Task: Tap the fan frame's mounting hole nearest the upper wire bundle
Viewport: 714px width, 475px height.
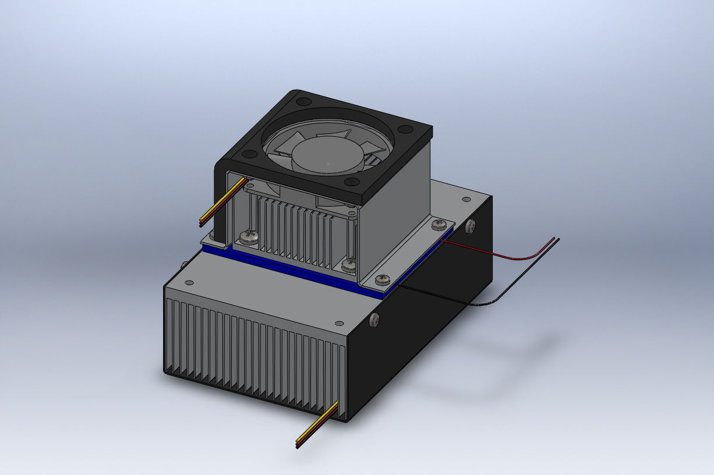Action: pos(249,155)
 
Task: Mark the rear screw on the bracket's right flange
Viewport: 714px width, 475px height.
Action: pos(440,224)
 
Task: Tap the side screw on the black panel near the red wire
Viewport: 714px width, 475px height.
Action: pos(471,225)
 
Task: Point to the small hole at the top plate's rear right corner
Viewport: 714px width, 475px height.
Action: pos(466,200)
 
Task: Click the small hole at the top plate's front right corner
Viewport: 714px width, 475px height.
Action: pos(340,322)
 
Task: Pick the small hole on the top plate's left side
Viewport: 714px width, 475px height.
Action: pos(188,283)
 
